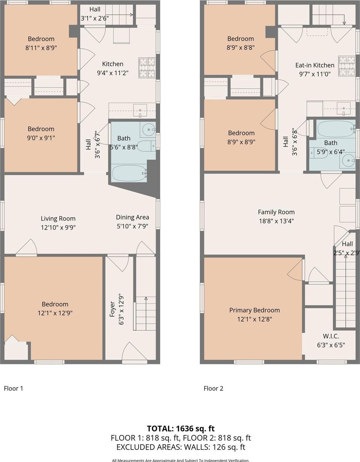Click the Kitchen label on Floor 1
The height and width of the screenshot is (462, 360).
point(113,64)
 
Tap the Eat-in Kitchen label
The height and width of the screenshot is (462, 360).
point(314,65)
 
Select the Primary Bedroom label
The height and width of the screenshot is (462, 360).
point(254,310)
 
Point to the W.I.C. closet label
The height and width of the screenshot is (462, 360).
point(331,336)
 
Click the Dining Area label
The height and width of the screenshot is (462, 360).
point(132,217)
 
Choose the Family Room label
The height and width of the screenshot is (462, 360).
point(276,212)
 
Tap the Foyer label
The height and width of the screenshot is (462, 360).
point(112,309)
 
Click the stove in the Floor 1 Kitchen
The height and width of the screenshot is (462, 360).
point(147,68)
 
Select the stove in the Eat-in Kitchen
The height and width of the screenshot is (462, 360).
point(347,66)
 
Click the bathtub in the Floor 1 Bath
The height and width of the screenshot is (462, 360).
point(129,173)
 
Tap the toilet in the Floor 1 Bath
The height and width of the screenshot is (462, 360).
point(146,146)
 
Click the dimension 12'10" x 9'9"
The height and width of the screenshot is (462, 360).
point(58,227)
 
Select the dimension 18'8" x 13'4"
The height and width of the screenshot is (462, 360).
point(276,221)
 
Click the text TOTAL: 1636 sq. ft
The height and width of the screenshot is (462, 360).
point(180,429)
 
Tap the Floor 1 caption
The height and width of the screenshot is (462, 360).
point(13,388)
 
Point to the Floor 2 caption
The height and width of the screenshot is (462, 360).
point(213,388)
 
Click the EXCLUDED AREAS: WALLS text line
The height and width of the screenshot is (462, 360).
point(180,447)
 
